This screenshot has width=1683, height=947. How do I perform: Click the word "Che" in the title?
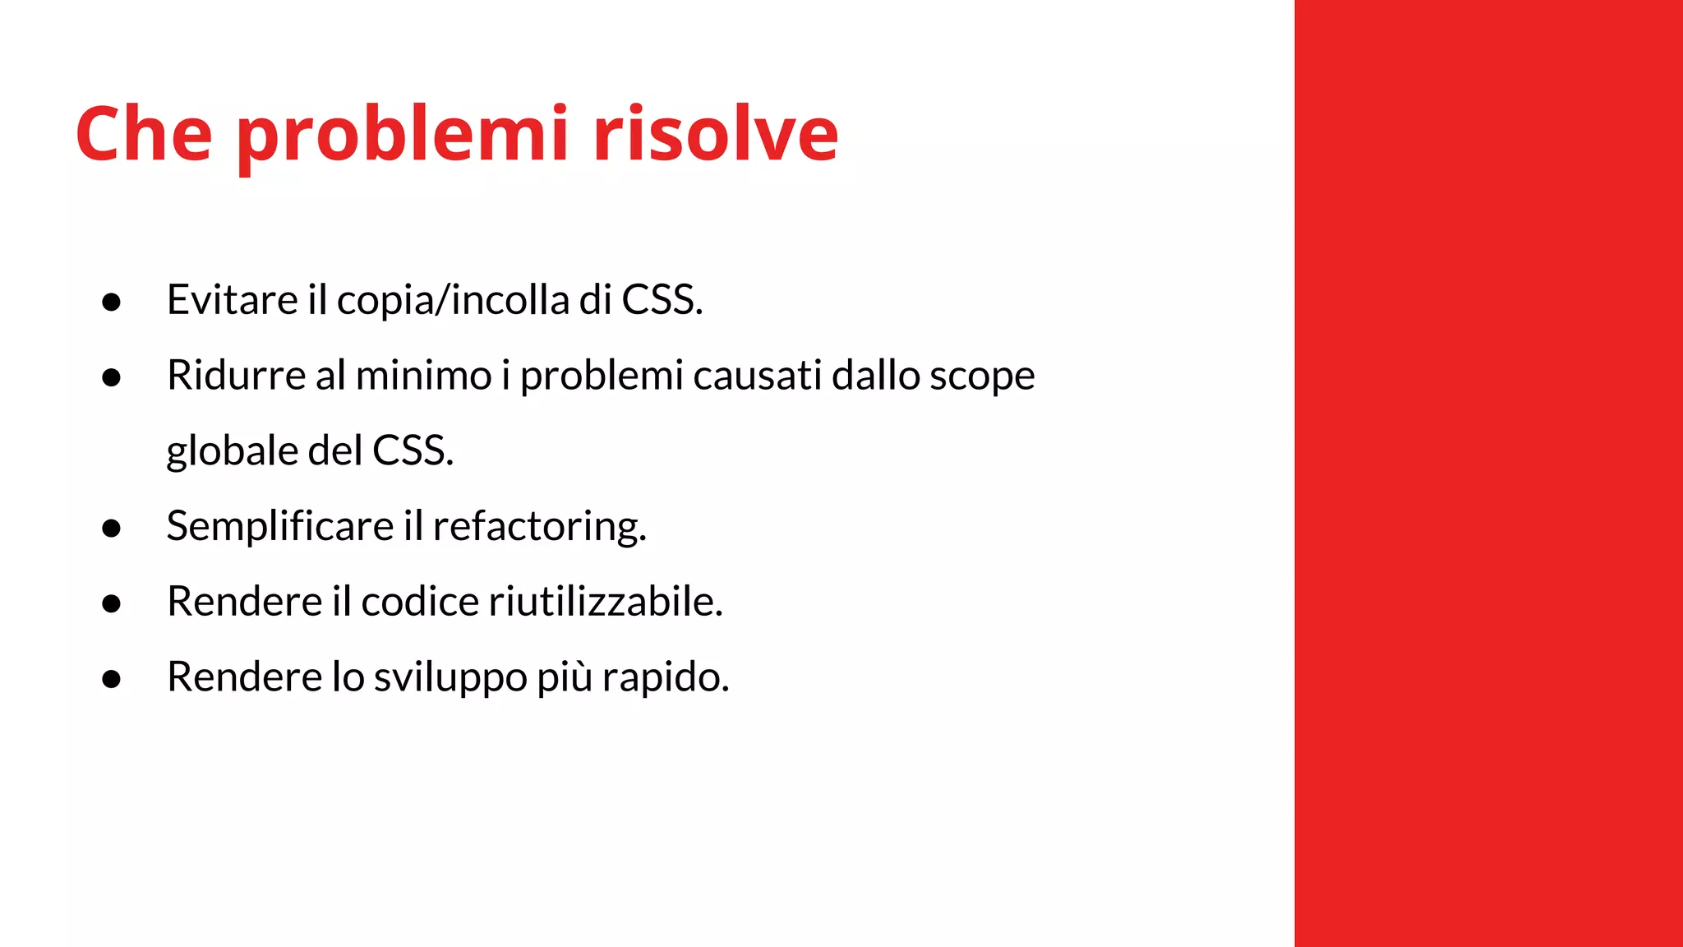[144, 133]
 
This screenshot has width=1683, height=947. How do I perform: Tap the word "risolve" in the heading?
[715, 133]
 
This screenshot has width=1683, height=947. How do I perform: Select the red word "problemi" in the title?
[403, 136]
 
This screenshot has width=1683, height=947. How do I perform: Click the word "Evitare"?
[232, 299]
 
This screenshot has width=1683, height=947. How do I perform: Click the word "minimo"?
[423, 376]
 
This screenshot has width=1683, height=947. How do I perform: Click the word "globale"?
[231, 451]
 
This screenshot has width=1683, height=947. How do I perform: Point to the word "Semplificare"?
[280, 527]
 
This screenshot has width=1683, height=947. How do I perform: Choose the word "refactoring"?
[538, 527]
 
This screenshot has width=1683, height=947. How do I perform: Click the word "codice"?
[420, 602]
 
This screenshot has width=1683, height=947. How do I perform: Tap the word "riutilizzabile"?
[606, 602]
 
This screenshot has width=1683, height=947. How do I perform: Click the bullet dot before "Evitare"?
[112, 303]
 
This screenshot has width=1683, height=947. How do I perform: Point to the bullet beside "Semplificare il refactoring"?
[112, 529]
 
